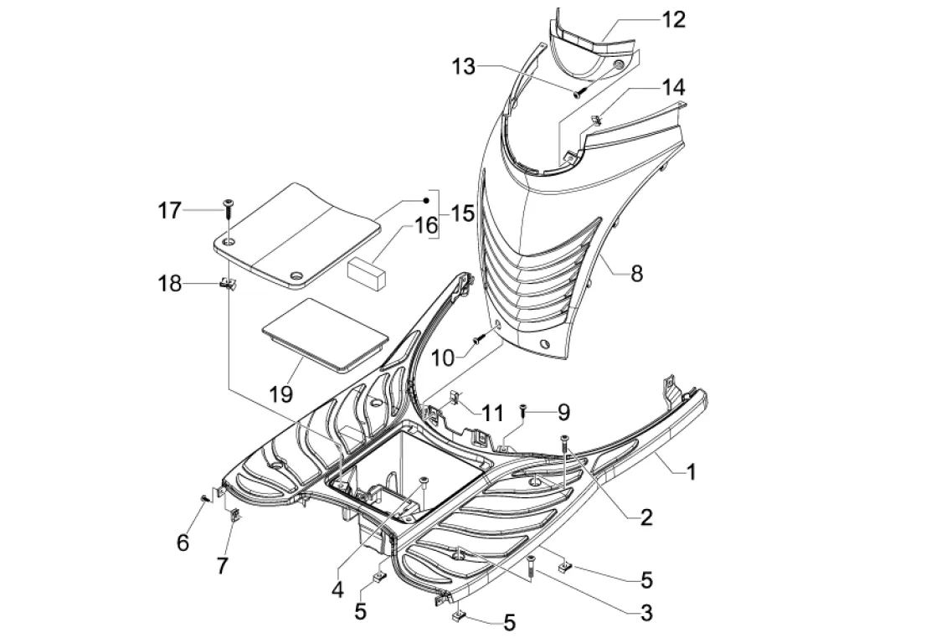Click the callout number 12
tap(673, 19)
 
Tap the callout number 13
tap(465, 67)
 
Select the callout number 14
tap(673, 87)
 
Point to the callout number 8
tap(636, 273)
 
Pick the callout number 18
tap(170, 284)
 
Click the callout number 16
tap(425, 224)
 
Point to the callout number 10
tap(443, 358)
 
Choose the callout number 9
tap(563, 411)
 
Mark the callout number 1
tap(691, 472)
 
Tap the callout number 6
tap(183, 543)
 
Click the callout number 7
tap(222, 566)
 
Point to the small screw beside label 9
tap(523, 409)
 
